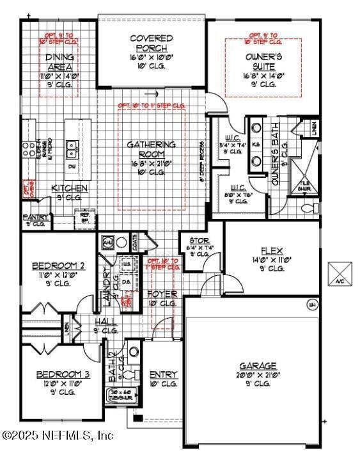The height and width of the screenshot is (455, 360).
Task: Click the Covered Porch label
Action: [x=152, y=43]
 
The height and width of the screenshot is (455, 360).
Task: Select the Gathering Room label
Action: [x=152, y=149]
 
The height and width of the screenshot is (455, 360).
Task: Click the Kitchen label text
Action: [x=69, y=188]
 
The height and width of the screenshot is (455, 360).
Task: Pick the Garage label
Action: [x=258, y=365]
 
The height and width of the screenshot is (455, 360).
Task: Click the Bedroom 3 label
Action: [x=58, y=374]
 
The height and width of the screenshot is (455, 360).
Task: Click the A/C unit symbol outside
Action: [x=338, y=273]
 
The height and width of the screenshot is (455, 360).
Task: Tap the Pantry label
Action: [x=35, y=218]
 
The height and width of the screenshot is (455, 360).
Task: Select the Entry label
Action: [x=164, y=374]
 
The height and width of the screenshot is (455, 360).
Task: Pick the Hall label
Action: [x=106, y=321]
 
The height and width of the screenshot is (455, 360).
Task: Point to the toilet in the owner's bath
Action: [x=311, y=208]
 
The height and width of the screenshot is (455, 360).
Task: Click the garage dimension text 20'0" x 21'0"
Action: [x=258, y=375]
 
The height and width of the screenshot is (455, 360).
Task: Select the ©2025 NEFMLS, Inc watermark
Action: [x=58, y=435]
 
